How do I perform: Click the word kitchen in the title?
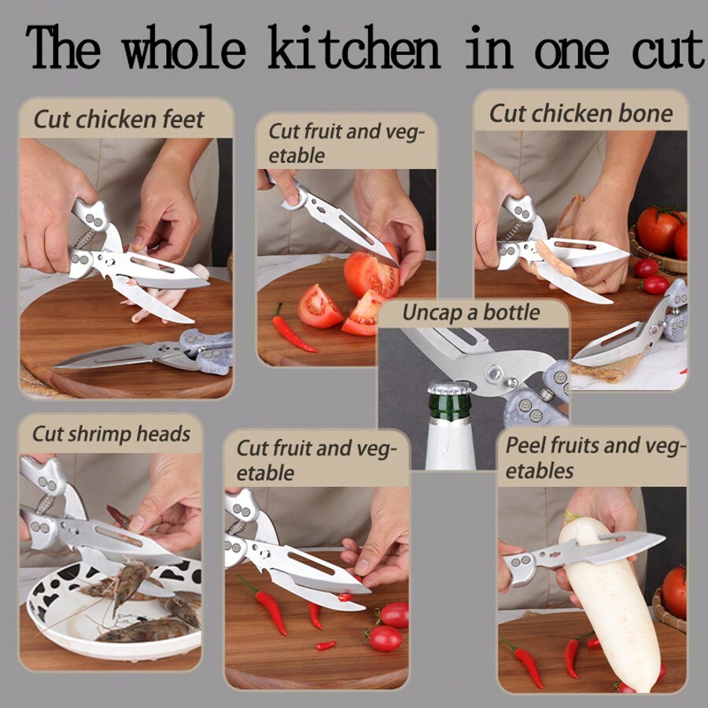tap(354, 49)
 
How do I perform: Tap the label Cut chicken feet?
tap(119, 120)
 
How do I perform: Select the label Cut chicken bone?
tap(581, 113)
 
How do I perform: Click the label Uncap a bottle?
tap(471, 312)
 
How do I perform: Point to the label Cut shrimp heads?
tap(111, 433)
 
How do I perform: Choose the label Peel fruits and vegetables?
tap(596, 458)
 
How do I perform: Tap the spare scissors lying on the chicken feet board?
tap(149, 352)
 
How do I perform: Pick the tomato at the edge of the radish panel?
tap(675, 590)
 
